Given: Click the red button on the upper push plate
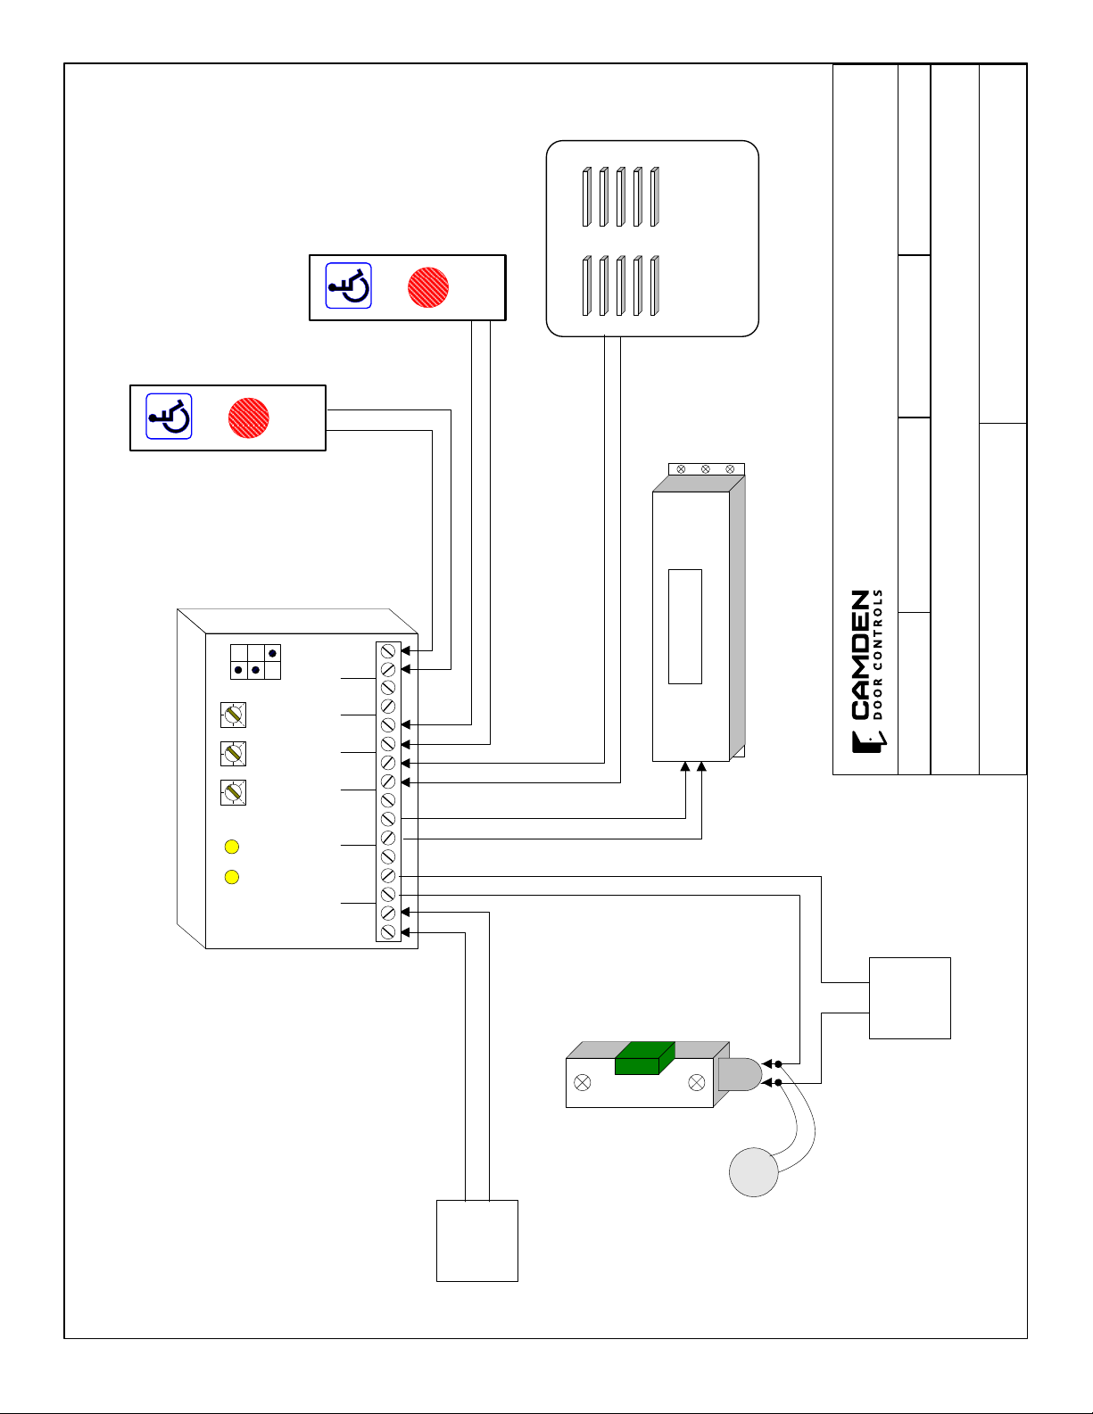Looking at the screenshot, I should click(x=428, y=287).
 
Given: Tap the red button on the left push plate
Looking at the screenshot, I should click(x=248, y=418).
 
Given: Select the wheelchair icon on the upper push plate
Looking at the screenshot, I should click(x=348, y=286).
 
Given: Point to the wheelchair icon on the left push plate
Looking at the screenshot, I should click(x=169, y=417).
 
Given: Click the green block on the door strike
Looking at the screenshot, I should click(x=644, y=1058).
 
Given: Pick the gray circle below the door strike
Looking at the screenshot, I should click(x=754, y=1171).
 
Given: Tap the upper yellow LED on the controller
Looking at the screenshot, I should click(x=232, y=847).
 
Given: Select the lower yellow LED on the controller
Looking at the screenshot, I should click(x=232, y=877).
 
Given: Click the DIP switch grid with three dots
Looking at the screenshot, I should click(x=256, y=661).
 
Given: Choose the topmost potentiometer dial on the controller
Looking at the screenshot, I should click(x=233, y=715).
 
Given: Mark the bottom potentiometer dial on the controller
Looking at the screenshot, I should click(x=233, y=792).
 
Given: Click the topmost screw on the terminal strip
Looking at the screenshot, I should click(x=388, y=650).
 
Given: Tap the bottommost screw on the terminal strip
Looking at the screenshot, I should click(x=388, y=931).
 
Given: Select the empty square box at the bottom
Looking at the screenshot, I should click(x=477, y=1241).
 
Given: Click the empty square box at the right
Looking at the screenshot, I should click(x=910, y=998).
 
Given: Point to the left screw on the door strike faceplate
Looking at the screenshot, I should click(x=583, y=1083).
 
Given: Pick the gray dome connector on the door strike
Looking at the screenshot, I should click(x=739, y=1074).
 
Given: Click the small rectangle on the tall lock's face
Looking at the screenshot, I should click(x=685, y=626).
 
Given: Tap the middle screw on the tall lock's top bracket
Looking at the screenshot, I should click(x=706, y=469).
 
